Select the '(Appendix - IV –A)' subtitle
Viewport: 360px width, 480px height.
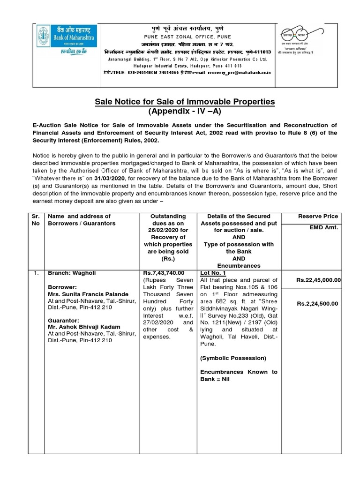point(185,112)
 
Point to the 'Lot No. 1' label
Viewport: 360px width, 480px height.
point(213,272)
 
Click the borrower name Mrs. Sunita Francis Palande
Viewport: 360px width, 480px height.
point(88,293)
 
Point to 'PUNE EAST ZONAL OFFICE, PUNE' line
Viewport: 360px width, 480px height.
point(187,37)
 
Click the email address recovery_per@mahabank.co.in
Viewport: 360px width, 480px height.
point(227,73)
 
